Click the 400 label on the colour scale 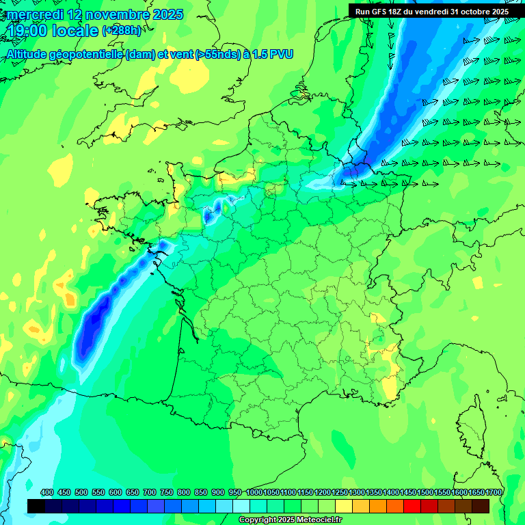(47, 492)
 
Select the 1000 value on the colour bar (254, 492)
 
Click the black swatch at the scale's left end (36, 506)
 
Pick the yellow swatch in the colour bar (344, 506)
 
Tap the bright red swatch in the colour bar (412, 506)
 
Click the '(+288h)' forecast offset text (122, 31)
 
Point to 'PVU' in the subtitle (281, 54)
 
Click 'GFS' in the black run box (379, 12)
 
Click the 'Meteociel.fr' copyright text (314, 520)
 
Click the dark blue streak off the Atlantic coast (96, 321)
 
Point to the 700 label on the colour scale (150, 492)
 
